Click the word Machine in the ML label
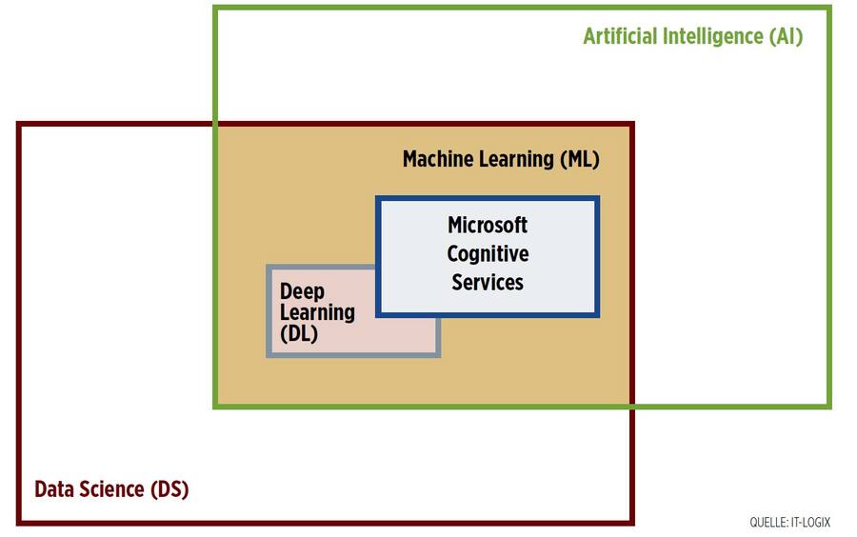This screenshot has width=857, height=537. point(437,159)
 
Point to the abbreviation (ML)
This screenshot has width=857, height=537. point(579,159)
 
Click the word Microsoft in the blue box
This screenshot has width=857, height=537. point(488,226)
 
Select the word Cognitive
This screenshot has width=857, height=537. point(488,254)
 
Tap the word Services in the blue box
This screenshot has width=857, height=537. point(488,283)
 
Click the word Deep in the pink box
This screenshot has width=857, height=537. point(302,291)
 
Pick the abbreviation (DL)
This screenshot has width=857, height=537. point(299,334)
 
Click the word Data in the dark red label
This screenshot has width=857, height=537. point(55,490)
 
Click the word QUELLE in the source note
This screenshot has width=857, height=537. point(767,523)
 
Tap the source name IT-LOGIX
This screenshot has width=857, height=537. point(811,523)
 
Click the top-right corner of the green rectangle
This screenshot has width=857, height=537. point(828,9)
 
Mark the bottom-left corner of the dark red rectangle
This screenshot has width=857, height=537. point(18,522)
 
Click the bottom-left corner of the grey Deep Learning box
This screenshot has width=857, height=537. point(269,355)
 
